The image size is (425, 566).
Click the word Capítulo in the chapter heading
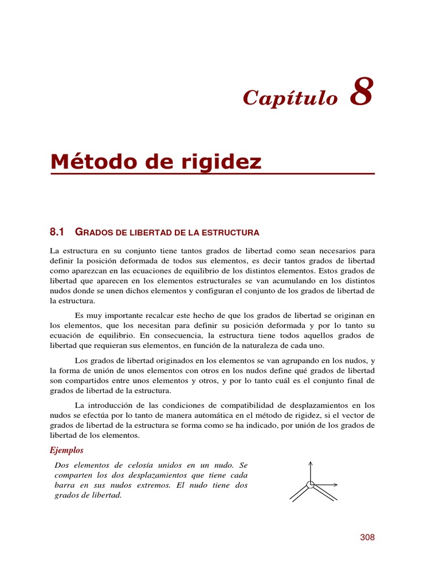pos(290,98)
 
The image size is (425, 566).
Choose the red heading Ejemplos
pos(66,450)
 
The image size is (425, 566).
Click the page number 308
pos(367,537)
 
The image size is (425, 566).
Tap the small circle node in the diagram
pos(310,485)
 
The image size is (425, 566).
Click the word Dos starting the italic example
pos(61,465)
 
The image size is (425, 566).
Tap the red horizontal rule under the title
pos(212,174)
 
